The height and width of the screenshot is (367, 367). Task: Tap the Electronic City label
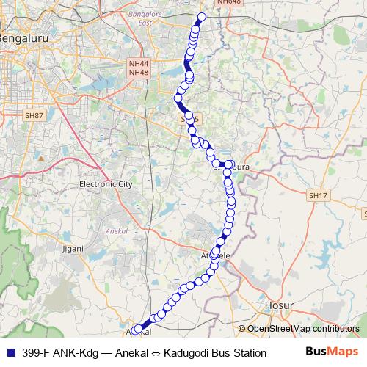(x=105, y=184)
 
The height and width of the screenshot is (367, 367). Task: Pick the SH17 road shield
(x=317, y=195)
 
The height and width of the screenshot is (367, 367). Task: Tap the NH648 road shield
(x=228, y=3)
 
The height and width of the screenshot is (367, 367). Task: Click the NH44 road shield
(x=137, y=64)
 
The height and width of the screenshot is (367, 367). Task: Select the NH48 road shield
(x=137, y=72)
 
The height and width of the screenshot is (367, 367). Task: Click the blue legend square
(x=10, y=353)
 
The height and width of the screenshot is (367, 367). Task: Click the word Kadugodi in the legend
(x=186, y=353)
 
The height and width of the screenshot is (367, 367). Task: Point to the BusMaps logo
(x=332, y=352)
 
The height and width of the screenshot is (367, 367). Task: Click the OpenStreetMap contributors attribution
(x=302, y=329)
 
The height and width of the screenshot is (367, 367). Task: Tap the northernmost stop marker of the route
(x=203, y=16)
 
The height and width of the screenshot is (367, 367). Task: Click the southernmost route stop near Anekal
(x=137, y=330)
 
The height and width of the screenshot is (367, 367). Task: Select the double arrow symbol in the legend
(x=156, y=353)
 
